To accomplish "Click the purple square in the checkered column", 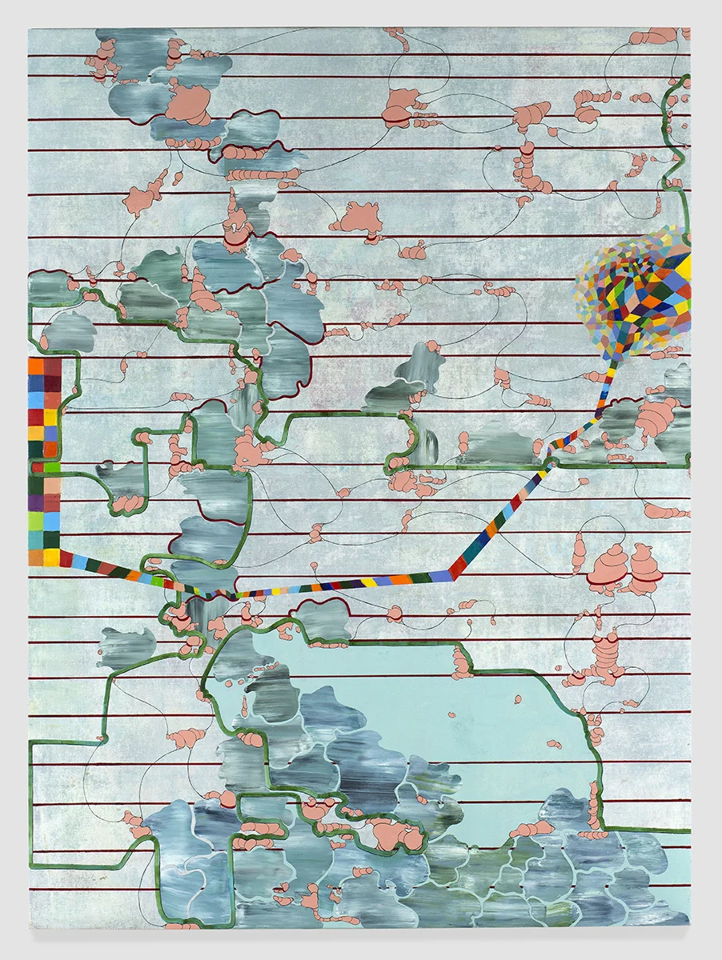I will pos(35,503).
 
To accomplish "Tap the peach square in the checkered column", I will pos(52,486).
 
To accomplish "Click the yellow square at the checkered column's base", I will pos(52,557).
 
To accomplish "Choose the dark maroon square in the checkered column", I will pos(52,383).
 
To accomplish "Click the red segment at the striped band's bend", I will pos(458,569).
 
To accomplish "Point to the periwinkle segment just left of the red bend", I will pos(439,575).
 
